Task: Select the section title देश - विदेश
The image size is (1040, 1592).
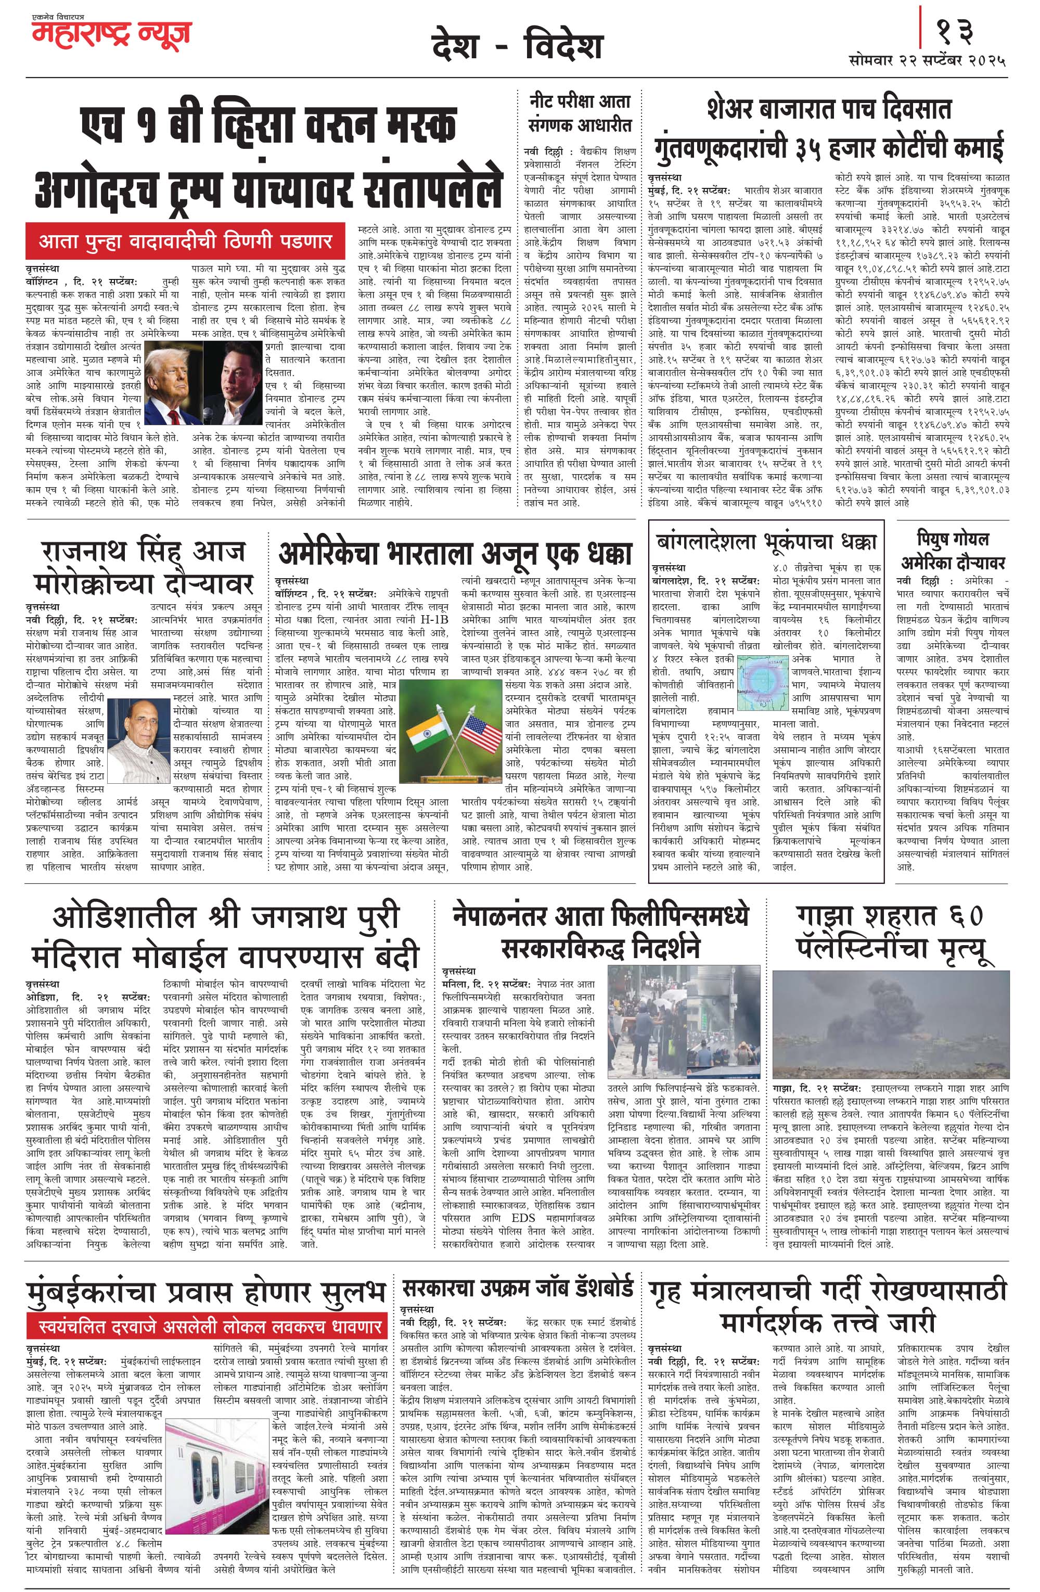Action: point(517,47)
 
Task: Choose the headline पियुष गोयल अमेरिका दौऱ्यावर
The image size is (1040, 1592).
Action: point(953,550)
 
